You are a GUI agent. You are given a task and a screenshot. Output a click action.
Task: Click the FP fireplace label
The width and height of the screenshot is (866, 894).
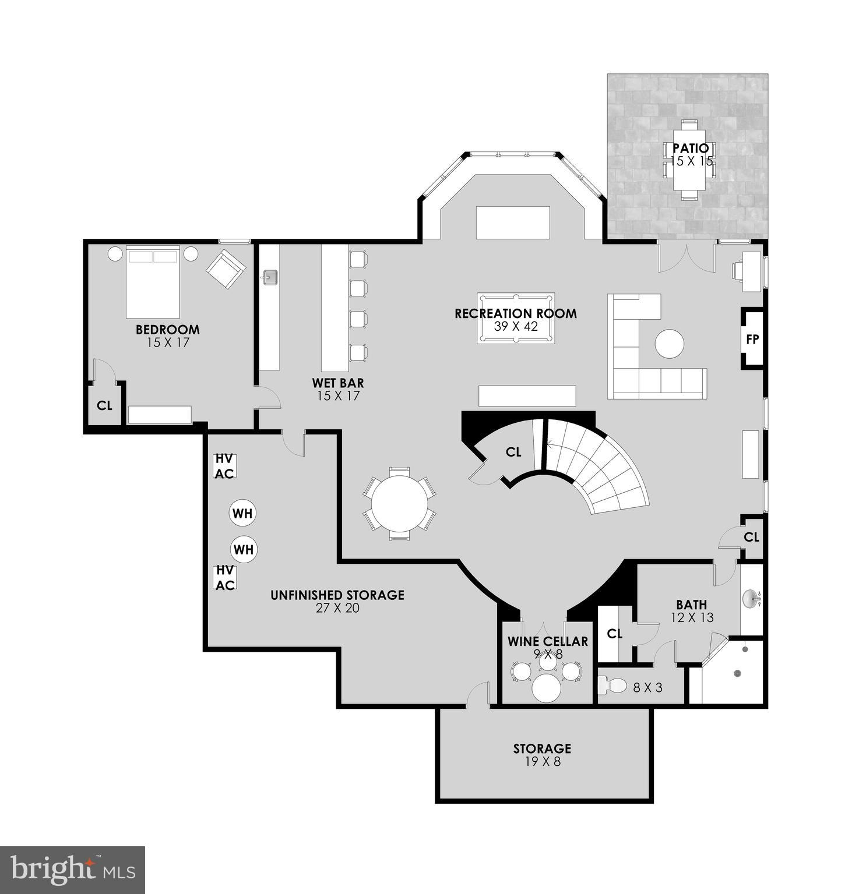click(x=752, y=339)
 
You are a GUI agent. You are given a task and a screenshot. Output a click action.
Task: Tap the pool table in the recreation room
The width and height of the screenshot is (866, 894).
click(x=515, y=319)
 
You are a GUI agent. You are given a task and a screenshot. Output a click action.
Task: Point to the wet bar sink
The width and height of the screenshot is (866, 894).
click(x=270, y=277)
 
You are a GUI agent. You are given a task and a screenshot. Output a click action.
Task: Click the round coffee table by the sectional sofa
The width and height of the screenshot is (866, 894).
click(x=669, y=344)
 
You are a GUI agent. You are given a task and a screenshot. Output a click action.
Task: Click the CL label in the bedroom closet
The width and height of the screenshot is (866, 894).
click(x=104, y=405)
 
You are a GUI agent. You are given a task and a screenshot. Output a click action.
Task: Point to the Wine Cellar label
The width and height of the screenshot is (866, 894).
click(x=548, y=641)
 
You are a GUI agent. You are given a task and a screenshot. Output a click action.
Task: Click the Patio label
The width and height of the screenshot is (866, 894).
click(x=691, y=149)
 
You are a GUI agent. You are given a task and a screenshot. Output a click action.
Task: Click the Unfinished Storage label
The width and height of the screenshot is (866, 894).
click(x=337, y=595)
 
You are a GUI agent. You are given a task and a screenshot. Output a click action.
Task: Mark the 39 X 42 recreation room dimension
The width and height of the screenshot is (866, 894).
click(x=516, y=326)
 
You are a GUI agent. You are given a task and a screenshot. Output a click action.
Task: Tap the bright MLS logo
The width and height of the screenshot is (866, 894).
click(x=72, y=870)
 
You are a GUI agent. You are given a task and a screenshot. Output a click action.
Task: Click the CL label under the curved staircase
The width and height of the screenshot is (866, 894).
click(x=513, y=452)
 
